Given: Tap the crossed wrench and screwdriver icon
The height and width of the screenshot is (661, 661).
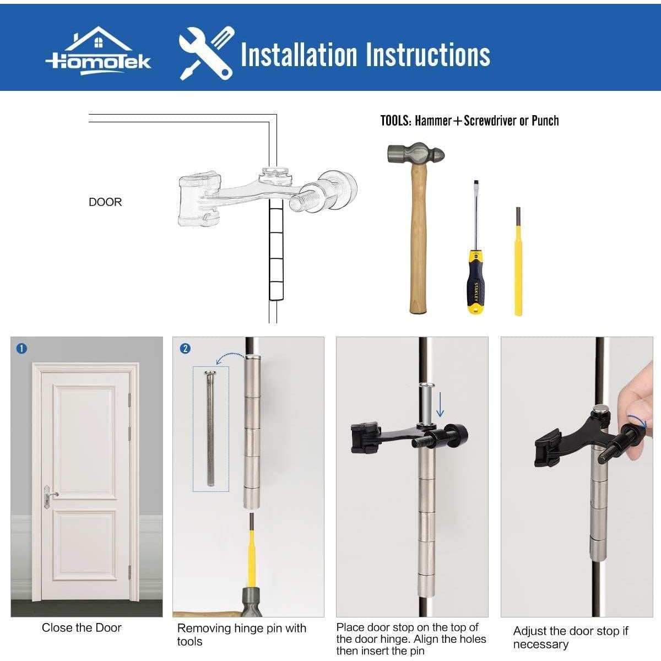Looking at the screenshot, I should [x=206, y=54].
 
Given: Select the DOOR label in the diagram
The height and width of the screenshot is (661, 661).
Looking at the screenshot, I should [x=105, y=202].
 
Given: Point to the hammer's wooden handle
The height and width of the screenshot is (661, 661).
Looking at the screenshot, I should [x=418, y=242].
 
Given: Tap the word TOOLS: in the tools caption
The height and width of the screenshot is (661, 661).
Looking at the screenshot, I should [x=395, y=121].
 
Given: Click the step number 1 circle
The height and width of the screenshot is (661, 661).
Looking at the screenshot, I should [x=21, y=349].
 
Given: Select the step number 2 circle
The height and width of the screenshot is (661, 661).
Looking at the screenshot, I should [x=185, y=349].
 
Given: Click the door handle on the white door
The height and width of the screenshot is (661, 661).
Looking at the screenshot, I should [x=49, y=495].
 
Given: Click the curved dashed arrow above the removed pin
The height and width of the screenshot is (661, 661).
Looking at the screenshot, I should [x=230, y=358].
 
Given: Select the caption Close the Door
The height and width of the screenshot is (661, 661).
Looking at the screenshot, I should [x=82, y=628].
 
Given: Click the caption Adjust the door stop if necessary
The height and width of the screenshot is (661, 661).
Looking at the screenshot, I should [x=570, y=637].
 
